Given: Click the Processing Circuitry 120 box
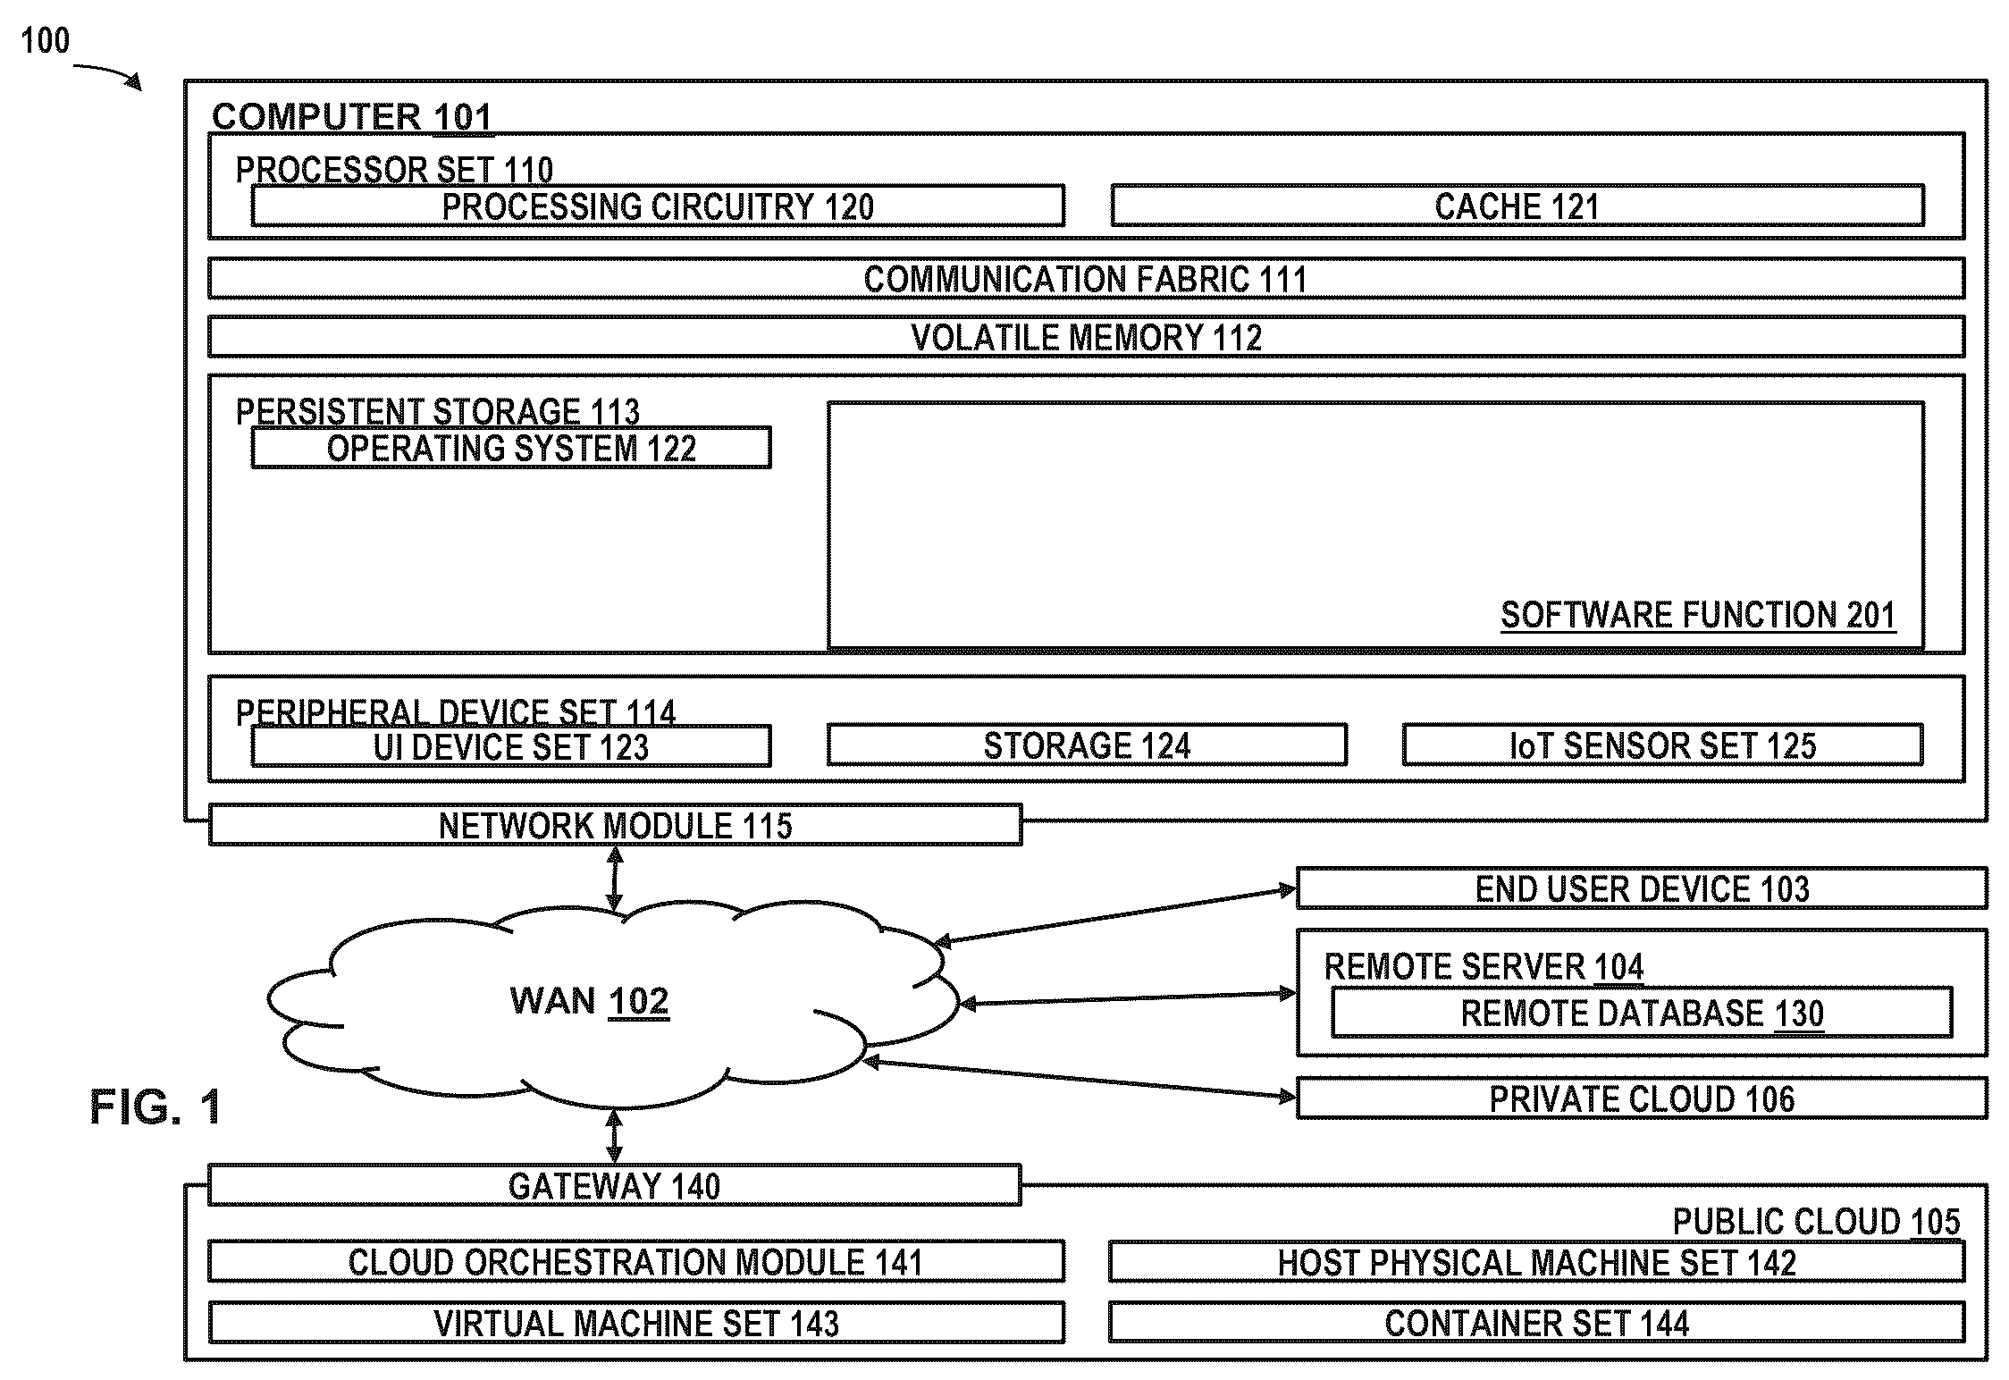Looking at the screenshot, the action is click(x=658, y=206).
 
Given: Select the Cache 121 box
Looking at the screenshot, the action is click(x=1517, y=206).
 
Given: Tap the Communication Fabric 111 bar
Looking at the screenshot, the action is click(x=1086, y=279).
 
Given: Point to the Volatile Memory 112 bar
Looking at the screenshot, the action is click(x=1086, y=337).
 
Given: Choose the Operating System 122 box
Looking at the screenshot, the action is click(x=511, y=448).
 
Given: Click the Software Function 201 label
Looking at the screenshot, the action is click(x=1697, y=615).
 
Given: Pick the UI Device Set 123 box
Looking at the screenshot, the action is click(x=511, y=746).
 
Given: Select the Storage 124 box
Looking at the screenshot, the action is click(x=1087, y=745).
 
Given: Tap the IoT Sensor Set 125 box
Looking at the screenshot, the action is click(x=1662, y=745).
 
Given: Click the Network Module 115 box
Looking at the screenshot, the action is click(x=615, y=825).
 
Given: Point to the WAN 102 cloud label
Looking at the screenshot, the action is click(x=589, y=1001).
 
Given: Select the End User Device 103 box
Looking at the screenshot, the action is click(x=1642, y=888).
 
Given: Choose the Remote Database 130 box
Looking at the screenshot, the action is click(x=1642, y=1013).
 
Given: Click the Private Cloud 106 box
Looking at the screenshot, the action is click(x=1642, y=1098).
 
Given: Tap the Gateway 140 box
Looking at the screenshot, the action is click(x=615, y=1185).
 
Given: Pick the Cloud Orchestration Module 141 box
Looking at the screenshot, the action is click(x=636, y=1262).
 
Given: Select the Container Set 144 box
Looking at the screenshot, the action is click(x=1537, y=1323).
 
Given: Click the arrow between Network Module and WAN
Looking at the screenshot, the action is click(x=615, y=879).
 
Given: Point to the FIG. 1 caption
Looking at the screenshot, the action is click(x=156, y=1107).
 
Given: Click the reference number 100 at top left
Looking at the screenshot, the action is click(x=45, y=40).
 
